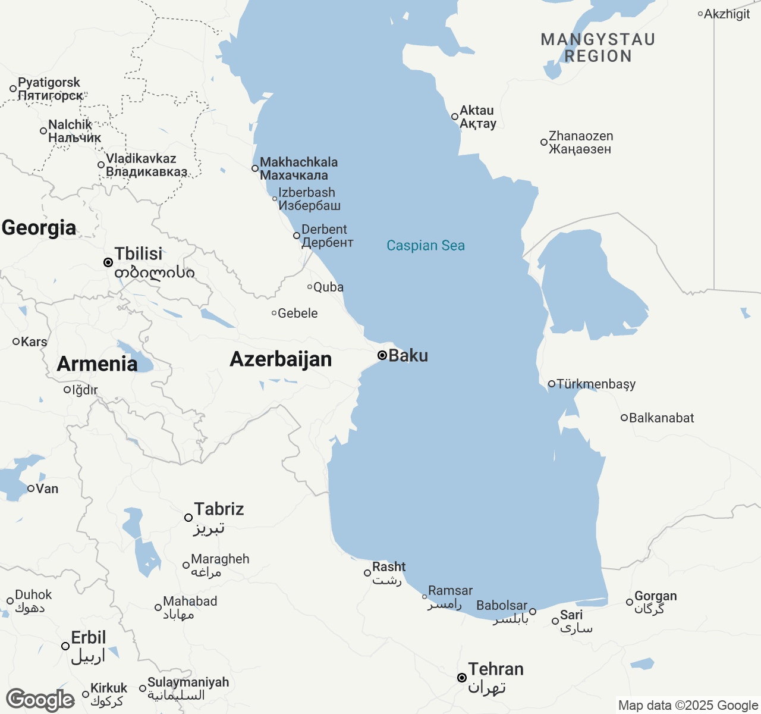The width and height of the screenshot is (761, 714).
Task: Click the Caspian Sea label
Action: coord(426,246)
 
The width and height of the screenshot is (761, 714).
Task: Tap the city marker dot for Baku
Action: coord(382,355)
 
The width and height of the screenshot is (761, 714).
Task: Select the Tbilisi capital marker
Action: coord(108,262)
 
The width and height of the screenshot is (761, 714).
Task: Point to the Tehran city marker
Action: coord(461,678)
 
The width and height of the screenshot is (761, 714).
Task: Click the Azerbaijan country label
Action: coord(281,359)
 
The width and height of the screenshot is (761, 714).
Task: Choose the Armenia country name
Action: coord(97,364)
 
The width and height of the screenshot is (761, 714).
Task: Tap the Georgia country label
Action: coord(39,228)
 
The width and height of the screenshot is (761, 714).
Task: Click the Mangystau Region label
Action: coord(598,48)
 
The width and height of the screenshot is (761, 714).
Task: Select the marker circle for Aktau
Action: coord(455,117)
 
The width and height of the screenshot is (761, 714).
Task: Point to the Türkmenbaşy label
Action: coord(596,384)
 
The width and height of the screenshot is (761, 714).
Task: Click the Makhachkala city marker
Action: coord(255,168)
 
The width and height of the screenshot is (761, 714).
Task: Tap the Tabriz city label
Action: coord(219,509)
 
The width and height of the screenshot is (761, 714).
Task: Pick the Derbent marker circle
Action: coord(297,236)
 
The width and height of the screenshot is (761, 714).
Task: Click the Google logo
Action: coord(40,700)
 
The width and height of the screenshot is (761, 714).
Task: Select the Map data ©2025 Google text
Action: coord(688,706)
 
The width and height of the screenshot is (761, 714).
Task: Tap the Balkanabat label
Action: coord(661,418)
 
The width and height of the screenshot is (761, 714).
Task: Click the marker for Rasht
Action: coord(367,573)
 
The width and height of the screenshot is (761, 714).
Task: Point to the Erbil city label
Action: coord(88,638)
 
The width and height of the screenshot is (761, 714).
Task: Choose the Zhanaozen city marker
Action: coord(543,142)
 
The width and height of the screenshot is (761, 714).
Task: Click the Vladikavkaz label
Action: coord(141,159)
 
